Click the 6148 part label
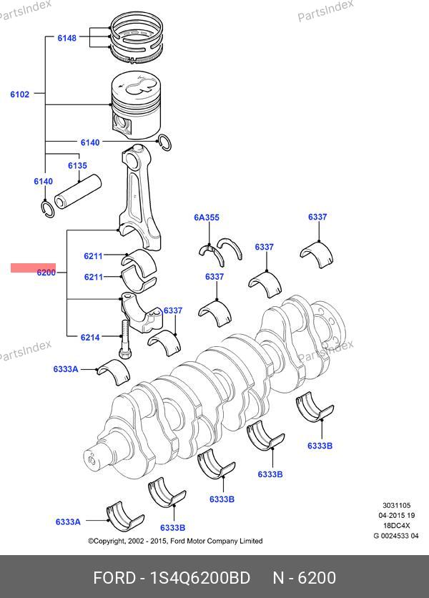tap(66, 37)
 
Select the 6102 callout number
tap(19, 94)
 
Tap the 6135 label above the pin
tap(77, 166)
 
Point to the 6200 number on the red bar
tap(46, 272)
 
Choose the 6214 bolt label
tap(89, 337)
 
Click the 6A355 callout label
tap(206, 217)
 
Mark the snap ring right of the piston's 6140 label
tap(165, 143)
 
